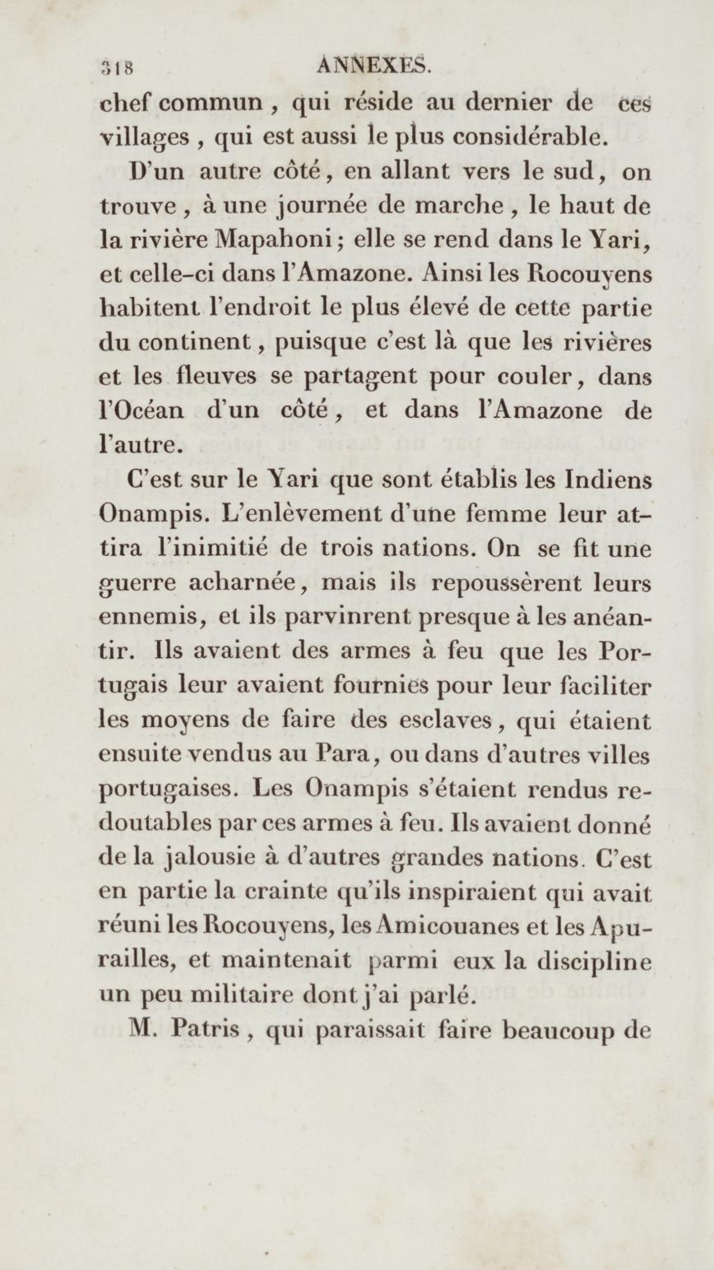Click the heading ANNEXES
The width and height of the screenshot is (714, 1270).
pyautogui.click(x=374, y=65)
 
